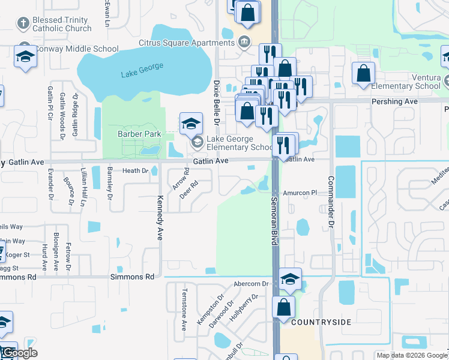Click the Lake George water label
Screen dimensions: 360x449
pyautogui.click(x=142, y=70)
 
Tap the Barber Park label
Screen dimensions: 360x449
pyautogui.click(x=139, y=134)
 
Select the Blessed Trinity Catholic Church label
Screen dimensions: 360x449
pyautogui.click(x=61, y=24)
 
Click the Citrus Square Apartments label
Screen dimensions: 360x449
pyautogui.click(x=186, y=43)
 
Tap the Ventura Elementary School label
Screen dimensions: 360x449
pyautogui.click(x=410, y=82)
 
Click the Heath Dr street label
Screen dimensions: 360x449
pyautogui.click(x=135, y=171)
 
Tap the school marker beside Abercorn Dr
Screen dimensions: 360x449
pyautogui.click(x=290, y=278)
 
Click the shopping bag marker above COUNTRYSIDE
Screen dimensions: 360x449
pyautogui.click(x=283, y=307)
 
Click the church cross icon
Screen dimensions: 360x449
pyautogui.click(x=23, y=24)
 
